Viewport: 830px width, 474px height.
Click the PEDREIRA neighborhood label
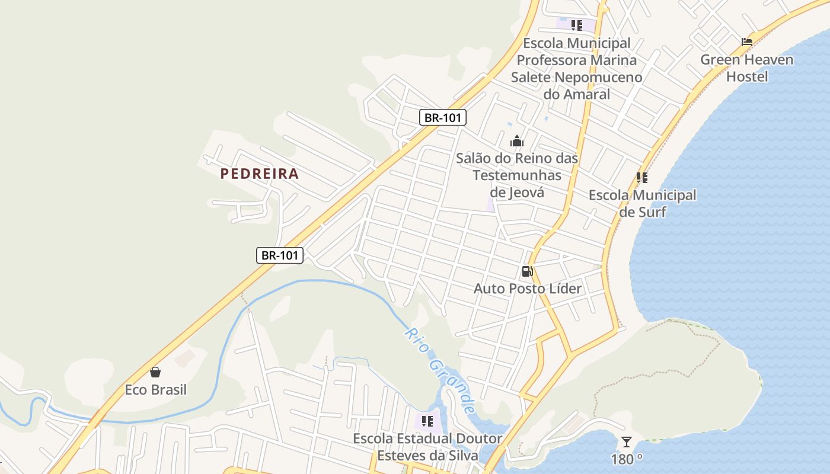coord(259,174)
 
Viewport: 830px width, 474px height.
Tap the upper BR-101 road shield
coord(443,117)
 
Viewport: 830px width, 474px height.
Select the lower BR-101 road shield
coord(280,255)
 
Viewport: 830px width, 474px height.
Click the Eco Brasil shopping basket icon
coord(155,372)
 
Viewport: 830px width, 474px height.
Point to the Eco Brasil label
coord(155,389)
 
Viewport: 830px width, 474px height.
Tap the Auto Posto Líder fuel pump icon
coord(526,272)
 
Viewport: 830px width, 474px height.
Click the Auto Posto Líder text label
coord(527,289)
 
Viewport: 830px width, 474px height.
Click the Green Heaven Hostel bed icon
coord(747,42)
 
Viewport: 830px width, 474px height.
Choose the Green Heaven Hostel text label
coord(746,68)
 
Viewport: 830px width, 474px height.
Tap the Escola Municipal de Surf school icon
coord(641,177)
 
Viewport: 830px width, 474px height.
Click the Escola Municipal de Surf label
coord(642,203)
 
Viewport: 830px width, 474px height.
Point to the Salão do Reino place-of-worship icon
coord(517,141)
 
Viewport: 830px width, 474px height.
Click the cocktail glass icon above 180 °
coord(627,442)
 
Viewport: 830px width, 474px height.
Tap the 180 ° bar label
coord(627,459)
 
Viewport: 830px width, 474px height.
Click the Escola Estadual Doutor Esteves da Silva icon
coord(427,421)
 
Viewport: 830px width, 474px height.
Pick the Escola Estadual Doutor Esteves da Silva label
coord(427,447)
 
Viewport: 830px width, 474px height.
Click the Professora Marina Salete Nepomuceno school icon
coord(576,25)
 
